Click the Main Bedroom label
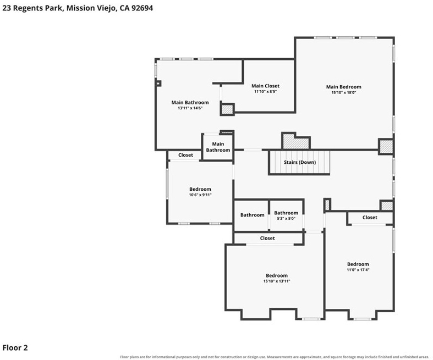[x=343, y=87]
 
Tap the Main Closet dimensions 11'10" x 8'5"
[x=265, y=92]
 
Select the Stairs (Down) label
[x=300, y=162]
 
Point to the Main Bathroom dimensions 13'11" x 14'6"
[x=190, y=108]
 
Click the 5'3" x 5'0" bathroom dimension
[x=286, y=219]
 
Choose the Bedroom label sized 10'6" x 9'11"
[x=200, y=189]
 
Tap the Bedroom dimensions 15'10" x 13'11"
[x=277, y=281]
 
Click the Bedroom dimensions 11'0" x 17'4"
[x=358, y=270]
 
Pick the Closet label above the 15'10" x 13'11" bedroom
[x=267, y=238]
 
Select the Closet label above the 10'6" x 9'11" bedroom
[x=185, y=155]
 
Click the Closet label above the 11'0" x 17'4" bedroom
[x=370, y=218]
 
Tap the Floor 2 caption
[x=15, y=347]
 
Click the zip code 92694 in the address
[x=142, y=8]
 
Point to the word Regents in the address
[x=26, y=8]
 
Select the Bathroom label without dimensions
[x=252, y=215]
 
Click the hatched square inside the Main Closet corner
[x=227, y=109]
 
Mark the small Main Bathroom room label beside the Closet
[x=218, y=147]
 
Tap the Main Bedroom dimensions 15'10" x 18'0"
[x=343, y=93]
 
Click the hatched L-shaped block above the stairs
[x=296, y=141]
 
